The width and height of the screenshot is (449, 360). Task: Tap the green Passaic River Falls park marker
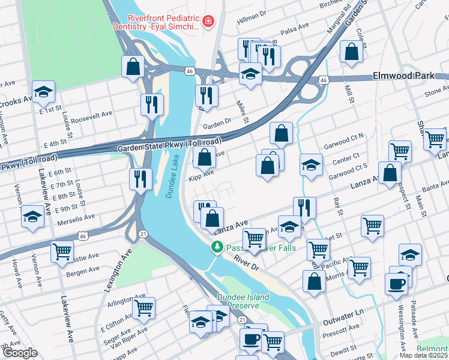point(216,247)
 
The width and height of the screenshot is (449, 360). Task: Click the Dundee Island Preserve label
point(243,301)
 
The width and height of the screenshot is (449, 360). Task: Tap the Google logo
point(20,353)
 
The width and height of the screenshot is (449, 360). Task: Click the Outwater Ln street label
point(343,314)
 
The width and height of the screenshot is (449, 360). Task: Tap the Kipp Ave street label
point(201,173)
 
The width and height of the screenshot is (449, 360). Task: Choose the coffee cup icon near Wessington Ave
point(396,283)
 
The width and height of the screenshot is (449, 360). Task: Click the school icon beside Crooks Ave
point(43,91)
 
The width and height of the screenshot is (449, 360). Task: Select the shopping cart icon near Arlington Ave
point(143,308)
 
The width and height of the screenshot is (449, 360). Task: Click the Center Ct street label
point(346,160)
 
